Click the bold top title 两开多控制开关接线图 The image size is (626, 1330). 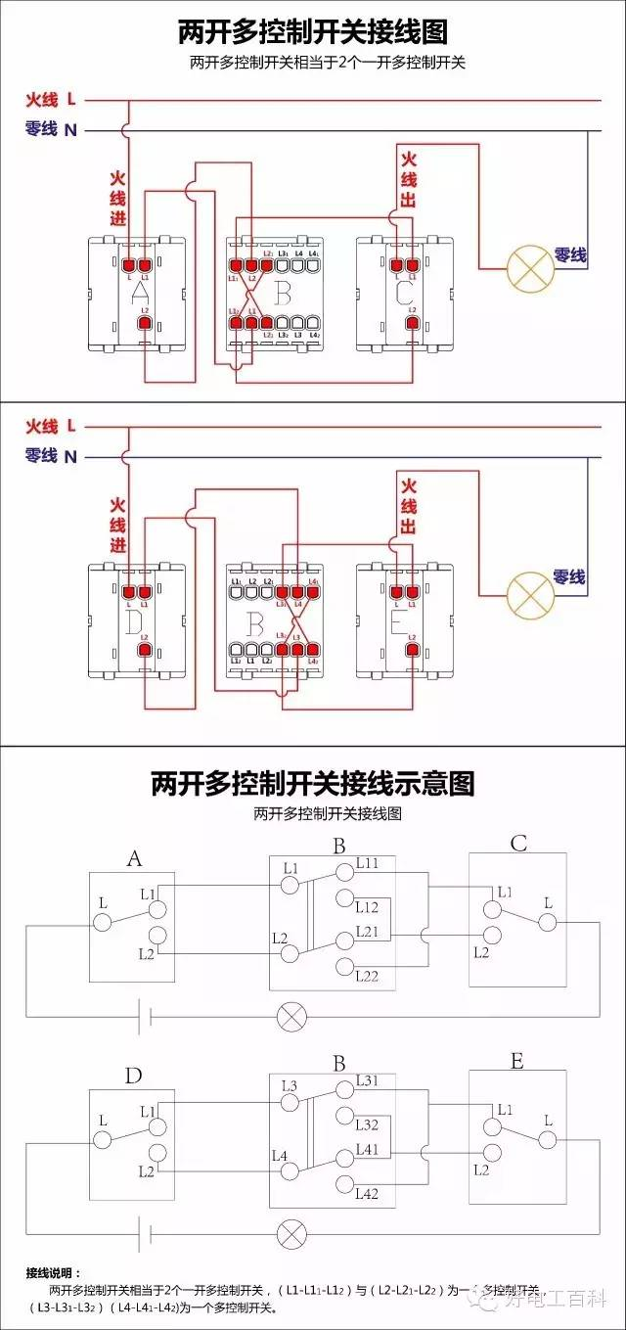coord(313,32)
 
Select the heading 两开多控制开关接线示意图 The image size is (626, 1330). coord(313,783)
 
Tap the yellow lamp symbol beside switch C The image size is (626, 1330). coord(529,267)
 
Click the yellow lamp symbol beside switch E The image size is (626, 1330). coord(529,591)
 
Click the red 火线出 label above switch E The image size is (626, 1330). coord(409,506)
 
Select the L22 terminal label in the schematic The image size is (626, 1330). coord(368,976)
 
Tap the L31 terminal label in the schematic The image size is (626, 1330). coord(368,1080)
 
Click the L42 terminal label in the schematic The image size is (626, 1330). coord(368,1193)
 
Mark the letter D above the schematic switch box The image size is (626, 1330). coord(133,1077)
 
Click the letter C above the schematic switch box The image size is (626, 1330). coord(518,843)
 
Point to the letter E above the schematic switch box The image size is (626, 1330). coord(516,1061)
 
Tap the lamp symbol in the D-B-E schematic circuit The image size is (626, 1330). coord(291,1233)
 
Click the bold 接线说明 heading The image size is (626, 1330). coord(55,1272)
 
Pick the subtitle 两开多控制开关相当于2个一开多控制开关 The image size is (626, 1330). coord(313,63)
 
